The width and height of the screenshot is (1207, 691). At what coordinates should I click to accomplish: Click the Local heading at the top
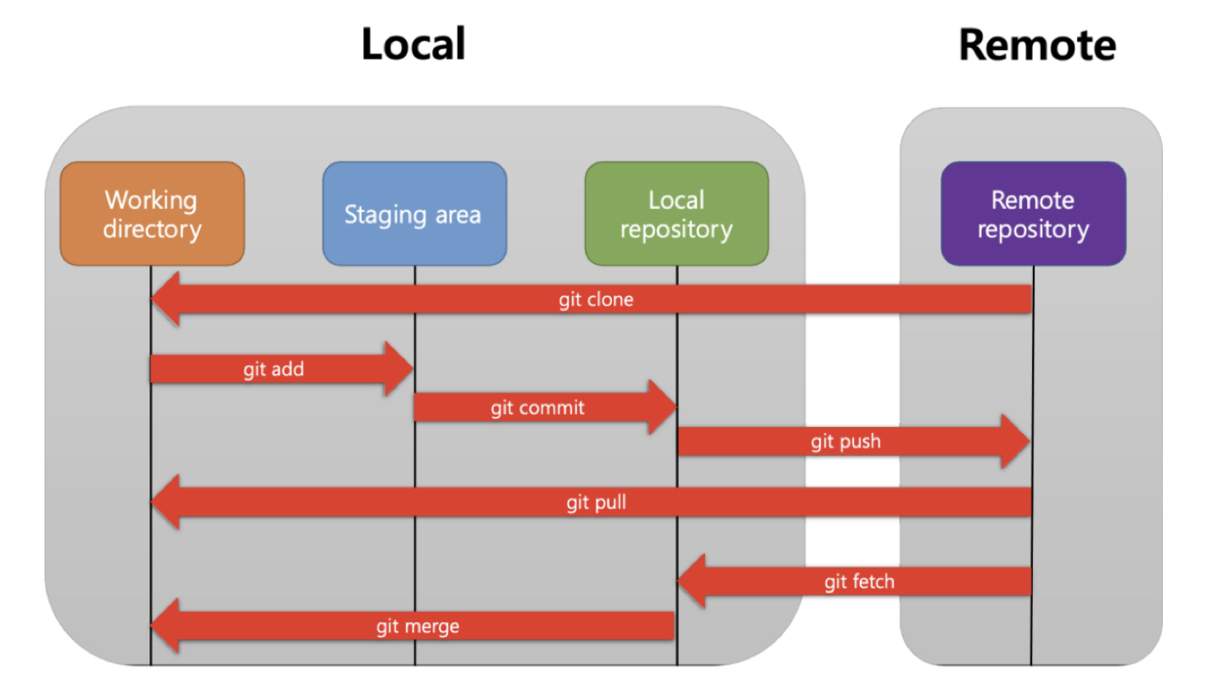pyautogui.click(x=413, y=44)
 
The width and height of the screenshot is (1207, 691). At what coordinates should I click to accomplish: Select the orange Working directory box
pyautogui.click(x=152, y=214)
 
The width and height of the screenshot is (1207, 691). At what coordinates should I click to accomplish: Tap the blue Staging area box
pyautogui.click(x=414, y=214)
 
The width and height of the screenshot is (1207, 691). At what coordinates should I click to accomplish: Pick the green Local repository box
pyautogui.click(x=676, y=214)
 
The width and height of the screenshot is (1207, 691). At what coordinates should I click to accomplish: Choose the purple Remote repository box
pyautogui.click(x=1033, y=214)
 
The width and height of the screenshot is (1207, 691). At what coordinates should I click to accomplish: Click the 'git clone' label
pyautogui.click(x=596, y=300)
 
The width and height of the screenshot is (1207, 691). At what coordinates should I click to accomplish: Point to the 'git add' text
pyautogui.click(x=273, y=369)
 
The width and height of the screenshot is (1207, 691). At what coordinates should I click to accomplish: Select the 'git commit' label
pyautogui.click(x=537, y=407)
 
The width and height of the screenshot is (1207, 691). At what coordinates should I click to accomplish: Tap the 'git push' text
pyautogui.click(x=845, y=441)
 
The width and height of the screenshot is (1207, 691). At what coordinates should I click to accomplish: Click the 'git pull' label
pyautogui.click(x=596, y=503)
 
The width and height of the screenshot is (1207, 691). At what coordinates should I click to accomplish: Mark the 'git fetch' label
pyautogui.click(x=859, y=581)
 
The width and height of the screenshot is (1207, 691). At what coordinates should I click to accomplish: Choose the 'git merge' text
pyautogui.click(x=418, y=626)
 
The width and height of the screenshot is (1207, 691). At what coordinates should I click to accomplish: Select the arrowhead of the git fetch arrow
pyautogui.click(x=693, y=581)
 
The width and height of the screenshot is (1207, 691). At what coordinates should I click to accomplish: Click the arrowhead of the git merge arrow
pyautogui.click(x=166, y=626)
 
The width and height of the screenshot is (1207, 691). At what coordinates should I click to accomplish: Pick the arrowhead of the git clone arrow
pyautogui.click(x=166, y=300)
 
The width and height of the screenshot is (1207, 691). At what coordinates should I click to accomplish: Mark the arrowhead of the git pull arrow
pyautogui.click(x=166, y=503)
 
